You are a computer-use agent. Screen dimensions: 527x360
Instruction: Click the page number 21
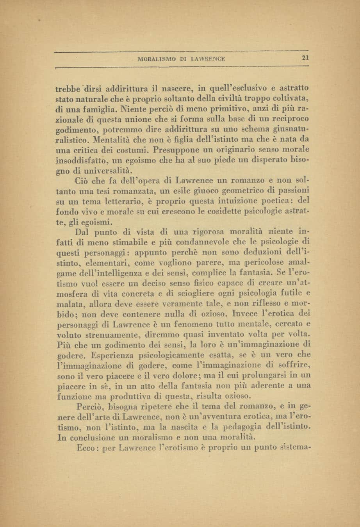[305, 59]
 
